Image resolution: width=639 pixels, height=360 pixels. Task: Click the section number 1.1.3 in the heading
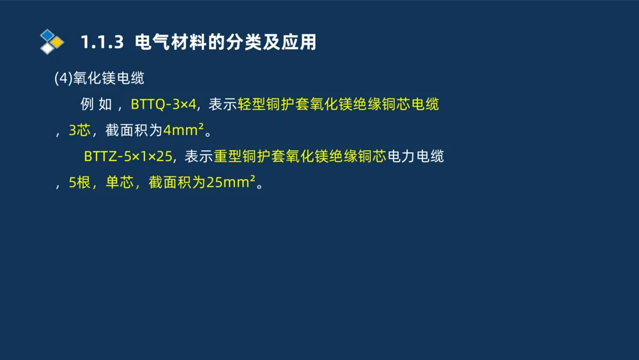[x=101, y=43]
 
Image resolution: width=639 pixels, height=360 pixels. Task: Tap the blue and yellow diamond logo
[x=52, y=41]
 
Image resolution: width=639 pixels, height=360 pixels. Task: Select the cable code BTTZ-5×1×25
[x=128, y=156]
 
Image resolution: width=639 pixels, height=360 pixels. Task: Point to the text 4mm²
[x=183, y=130]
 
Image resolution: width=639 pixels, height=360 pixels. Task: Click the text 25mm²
[x=231, y=182]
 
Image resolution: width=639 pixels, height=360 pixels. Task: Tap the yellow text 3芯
[x=79, y=130]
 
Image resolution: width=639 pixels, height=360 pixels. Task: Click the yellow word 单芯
[x=119, y=182]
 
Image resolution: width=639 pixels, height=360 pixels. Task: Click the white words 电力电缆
[x=415, y=156]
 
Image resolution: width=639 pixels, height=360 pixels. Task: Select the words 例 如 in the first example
[x=96, y=104]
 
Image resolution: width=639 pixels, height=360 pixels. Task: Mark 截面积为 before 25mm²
[x=176, y=182]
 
